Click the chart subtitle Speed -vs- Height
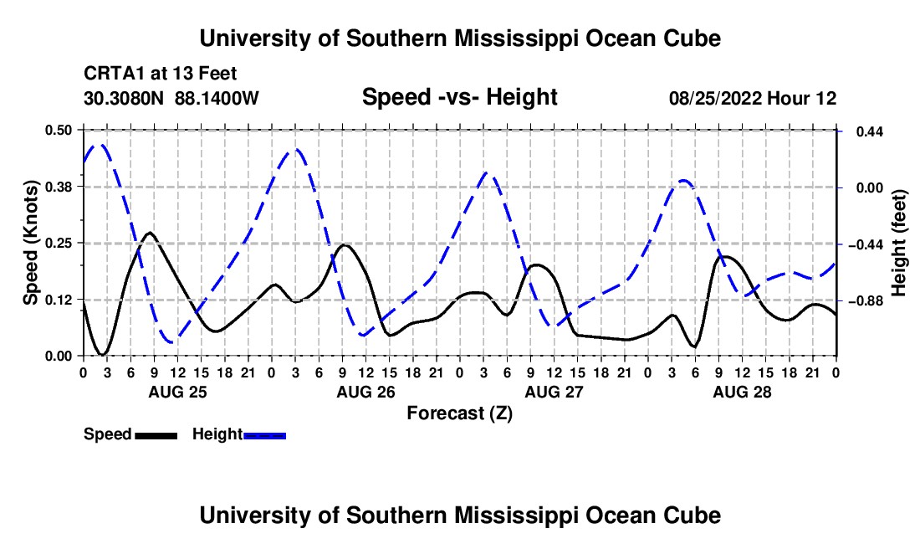pyautogui.click(x=459, y=97)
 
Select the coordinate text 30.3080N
pyautogui.click(x=123, y=98)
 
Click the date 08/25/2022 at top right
pyautogui.click(x=715, y=98)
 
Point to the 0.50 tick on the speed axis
pyautogui.click(x=58, y=131)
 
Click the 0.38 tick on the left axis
pyautogui.click(x=58, y=187)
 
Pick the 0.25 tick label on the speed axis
pyautogui.click(x=58, y=243)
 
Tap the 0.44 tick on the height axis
pyautogui.click(x=870, y=131)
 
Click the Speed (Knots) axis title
pyautogui.click(x=30, y=243)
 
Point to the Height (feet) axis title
pyautogui.click(x=899, y=243)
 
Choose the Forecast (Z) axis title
pyautogui.click(x=459, y=413)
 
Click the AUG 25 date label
pyautogui.click(x=177, y=392)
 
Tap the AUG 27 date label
pyautogui.click(x=554, y=392)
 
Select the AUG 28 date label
pyautogui.click(x=742, y=392)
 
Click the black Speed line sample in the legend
pyautogui.click(x=156, y=435)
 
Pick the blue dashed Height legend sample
pyautogui.click(x=264, y=435)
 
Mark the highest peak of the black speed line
pyautogui.click(x=151, y=233)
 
